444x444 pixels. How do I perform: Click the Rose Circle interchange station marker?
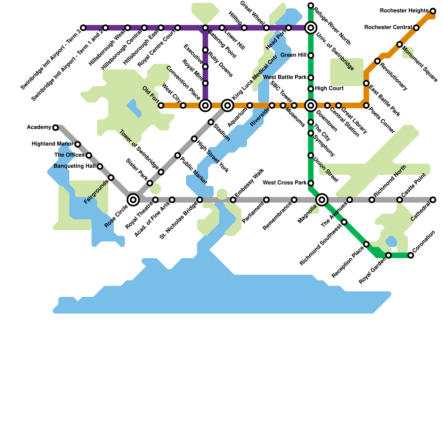pos(133,200)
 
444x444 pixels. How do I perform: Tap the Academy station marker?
pos(56,128)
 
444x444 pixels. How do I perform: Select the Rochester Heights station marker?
pos(433,11)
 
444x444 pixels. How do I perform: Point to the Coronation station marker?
pos(411,255)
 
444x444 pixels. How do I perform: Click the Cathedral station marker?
pos(433,200)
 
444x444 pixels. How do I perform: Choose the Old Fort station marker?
pos(161,105)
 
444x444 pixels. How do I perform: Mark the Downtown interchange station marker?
pos(311,105)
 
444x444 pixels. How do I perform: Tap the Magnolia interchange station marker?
pos(322,200)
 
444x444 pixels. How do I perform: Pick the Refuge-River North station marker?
pos(311,6)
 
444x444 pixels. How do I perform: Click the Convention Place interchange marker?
pos(205,105)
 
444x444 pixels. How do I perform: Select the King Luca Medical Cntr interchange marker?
pos(228,105)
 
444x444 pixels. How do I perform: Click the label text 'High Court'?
pos(329,89)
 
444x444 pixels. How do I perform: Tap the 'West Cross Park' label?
pos(284,183)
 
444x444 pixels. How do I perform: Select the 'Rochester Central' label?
pos(388,27)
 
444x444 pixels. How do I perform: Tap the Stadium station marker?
pos(211,122)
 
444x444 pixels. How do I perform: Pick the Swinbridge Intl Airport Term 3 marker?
pos(83,28)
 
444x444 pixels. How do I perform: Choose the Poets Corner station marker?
pos(366,105)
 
